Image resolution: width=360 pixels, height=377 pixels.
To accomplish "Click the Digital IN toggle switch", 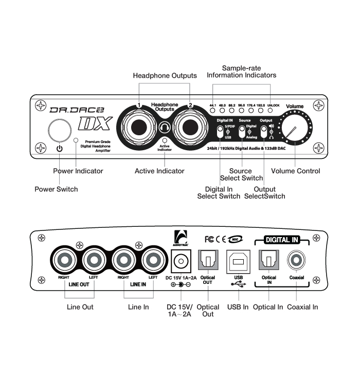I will click(x=220, y=133).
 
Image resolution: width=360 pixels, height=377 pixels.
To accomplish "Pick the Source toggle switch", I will click(x=242, y=133).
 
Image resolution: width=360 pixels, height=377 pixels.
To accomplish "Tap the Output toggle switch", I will click(x=263, y=133).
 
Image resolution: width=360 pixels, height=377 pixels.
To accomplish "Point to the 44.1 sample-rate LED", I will click(x=212, y=111).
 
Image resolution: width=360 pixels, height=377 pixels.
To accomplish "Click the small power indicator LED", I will click(x=76, y=140).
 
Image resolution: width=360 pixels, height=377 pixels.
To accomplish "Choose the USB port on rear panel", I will click(x=238, y=261).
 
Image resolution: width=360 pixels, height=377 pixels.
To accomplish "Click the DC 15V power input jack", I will click(x=181, y=261).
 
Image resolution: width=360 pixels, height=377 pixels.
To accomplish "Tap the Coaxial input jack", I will click(x=296, y=261).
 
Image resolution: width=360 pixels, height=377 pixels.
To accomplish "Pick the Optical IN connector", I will click(x=269, y=261).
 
